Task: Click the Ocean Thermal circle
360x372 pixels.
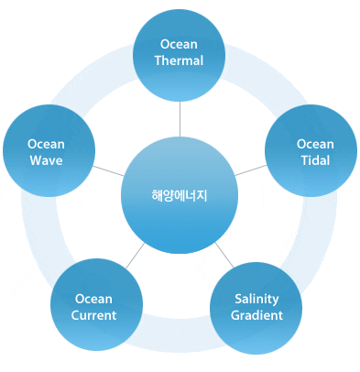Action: tap(180, 52)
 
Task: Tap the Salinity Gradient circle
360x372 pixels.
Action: tap(256, 307)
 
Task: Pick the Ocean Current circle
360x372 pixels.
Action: tap(95, 308)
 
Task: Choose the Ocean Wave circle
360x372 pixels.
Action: tap(46, 152)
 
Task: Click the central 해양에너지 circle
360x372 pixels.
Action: tap(180, 195)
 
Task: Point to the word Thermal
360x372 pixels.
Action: tap(180, 60)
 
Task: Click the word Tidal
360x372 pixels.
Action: tap(315, 160)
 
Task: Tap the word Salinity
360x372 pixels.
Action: tap(256, 299)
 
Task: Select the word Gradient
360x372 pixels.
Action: tap(256, 315)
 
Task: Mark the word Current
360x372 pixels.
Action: tap(94, 315)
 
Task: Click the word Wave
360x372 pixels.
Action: tap(46, 160)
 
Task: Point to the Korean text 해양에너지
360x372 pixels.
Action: tap(180, 195)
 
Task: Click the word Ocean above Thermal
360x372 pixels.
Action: tap(180, 44)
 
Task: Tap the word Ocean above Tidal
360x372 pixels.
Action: tap(315, 144)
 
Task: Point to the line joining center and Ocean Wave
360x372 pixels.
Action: tap(109, 172)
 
